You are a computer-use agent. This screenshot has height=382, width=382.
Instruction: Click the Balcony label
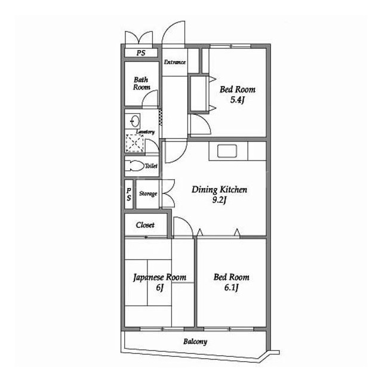[195, 341]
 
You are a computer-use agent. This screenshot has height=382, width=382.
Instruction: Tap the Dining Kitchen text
[219, 190]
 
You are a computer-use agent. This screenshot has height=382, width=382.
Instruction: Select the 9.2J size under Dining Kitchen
[220, 201]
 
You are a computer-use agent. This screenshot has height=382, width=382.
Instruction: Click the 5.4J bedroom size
[238, 100]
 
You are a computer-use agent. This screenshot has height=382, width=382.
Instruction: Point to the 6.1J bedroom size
[231, 288]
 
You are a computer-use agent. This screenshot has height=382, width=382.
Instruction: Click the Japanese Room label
[159, 278]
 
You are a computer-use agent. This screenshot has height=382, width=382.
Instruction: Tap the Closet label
[145, 225]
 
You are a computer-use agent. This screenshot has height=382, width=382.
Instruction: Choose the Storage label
[148, 193]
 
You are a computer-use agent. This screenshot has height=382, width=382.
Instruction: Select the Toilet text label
[151, 166]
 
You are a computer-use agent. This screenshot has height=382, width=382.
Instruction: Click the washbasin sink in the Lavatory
[133, 121]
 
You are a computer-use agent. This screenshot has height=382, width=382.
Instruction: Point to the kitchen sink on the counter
[227, 151]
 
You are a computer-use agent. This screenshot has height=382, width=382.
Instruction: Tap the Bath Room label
[141, 84]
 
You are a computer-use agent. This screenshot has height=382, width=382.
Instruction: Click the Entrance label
[175, 62]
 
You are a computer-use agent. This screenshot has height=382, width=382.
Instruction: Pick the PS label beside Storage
[129, 194]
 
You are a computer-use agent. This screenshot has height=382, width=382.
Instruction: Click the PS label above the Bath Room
[141, 53]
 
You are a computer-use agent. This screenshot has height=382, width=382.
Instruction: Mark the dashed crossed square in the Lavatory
[134, 143]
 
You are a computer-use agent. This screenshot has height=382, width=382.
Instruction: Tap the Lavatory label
[146, 132]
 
